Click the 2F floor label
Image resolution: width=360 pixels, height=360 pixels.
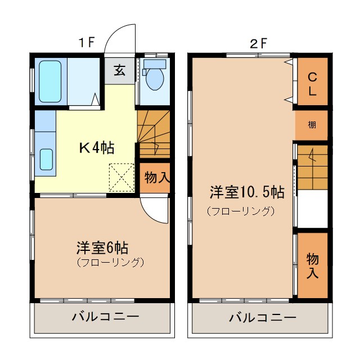coord(258,43)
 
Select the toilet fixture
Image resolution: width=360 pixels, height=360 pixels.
coord(153,77)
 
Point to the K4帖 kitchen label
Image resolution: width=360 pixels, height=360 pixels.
coord(96,148)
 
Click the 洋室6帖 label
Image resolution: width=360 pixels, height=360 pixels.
coord(102,247)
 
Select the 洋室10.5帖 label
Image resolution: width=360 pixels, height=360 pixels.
coord(246,192)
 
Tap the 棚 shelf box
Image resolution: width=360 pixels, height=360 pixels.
coord(312,125)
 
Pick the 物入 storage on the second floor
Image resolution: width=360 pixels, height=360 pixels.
coord(312,265)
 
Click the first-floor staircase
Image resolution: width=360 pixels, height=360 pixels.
coord(154,134)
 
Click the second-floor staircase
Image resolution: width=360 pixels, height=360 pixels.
coord(312,168)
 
